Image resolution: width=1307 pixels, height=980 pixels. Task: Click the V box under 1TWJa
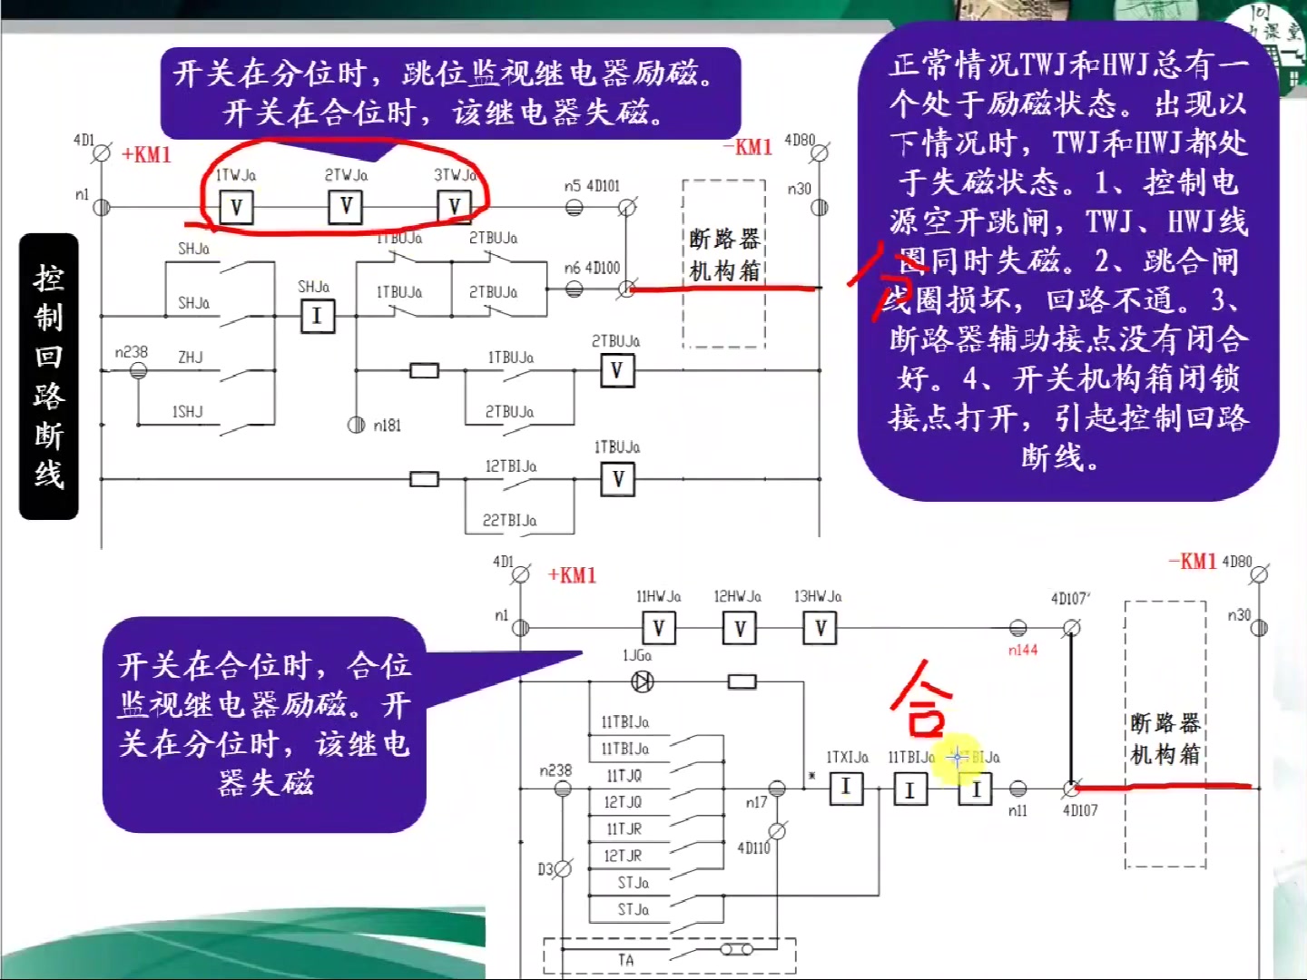tap(236, 208)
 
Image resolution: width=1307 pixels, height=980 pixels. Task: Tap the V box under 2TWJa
tap(346, 207)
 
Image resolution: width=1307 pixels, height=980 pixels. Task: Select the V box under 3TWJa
tap(454, 207)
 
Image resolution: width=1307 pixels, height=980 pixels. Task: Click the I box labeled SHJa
tap(317, 316)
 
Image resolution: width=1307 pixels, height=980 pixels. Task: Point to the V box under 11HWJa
tap(659, 628)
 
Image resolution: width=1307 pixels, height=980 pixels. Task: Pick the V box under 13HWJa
tap(820, 628)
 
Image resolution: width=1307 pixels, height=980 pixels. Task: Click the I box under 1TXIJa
tap(846, 788)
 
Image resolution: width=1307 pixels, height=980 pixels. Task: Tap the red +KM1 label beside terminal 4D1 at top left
tap(146, 154)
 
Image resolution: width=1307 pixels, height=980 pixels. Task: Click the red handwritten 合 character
tap(922, 699)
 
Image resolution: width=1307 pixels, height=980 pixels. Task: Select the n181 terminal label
tap(388, 426)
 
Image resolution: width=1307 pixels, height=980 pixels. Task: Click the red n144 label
tap(1023, 651)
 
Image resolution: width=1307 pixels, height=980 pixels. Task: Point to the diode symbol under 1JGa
tap(643, 681)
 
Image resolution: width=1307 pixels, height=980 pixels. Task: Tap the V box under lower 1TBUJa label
tap(618, 479)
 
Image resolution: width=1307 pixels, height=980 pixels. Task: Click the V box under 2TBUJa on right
tap(616, 370)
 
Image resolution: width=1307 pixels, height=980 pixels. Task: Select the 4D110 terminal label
tap(753, 848)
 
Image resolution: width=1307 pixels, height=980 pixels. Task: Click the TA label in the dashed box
tap(626, 960)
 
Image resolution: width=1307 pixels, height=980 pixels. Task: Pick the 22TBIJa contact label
tap(509, 521)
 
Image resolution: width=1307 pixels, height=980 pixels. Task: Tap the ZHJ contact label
tap(191, 358)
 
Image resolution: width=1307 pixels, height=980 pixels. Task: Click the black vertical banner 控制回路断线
tap(49, 377)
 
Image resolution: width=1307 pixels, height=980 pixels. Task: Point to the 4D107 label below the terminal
tap(1080, 810)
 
